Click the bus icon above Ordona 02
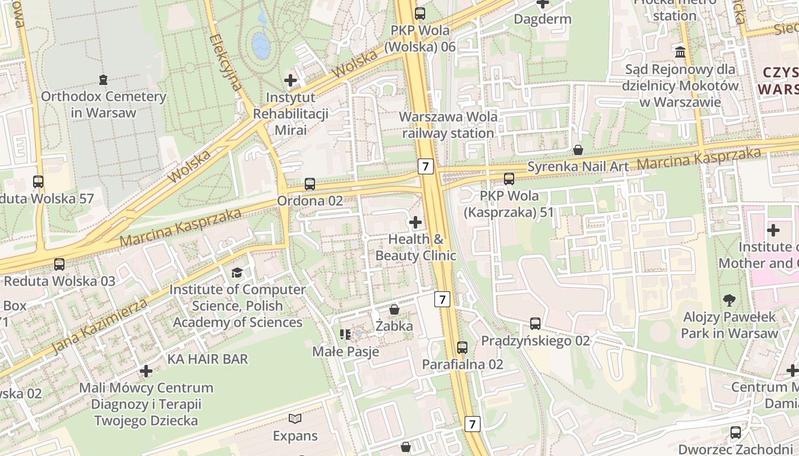point(309,184)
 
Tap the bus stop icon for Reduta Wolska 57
point(38,182)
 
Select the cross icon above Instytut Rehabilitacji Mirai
point(290,80)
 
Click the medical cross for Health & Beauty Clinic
point(415,222)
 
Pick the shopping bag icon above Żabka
point(394,310)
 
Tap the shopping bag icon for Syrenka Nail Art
point(578,150)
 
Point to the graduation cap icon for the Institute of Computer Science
point(237,273)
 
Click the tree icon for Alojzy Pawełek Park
point(729,300)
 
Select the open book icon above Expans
point(294,419)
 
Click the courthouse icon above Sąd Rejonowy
point(680,52)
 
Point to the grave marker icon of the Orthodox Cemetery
point(103,79)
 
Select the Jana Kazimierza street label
point(100,327)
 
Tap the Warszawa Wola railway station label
point(448,125)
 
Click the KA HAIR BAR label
point(208,359)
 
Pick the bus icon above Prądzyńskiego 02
point(535,324)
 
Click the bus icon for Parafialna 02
point(462,347)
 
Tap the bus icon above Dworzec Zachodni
point(736,433)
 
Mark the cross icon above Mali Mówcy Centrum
point(146,371)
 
